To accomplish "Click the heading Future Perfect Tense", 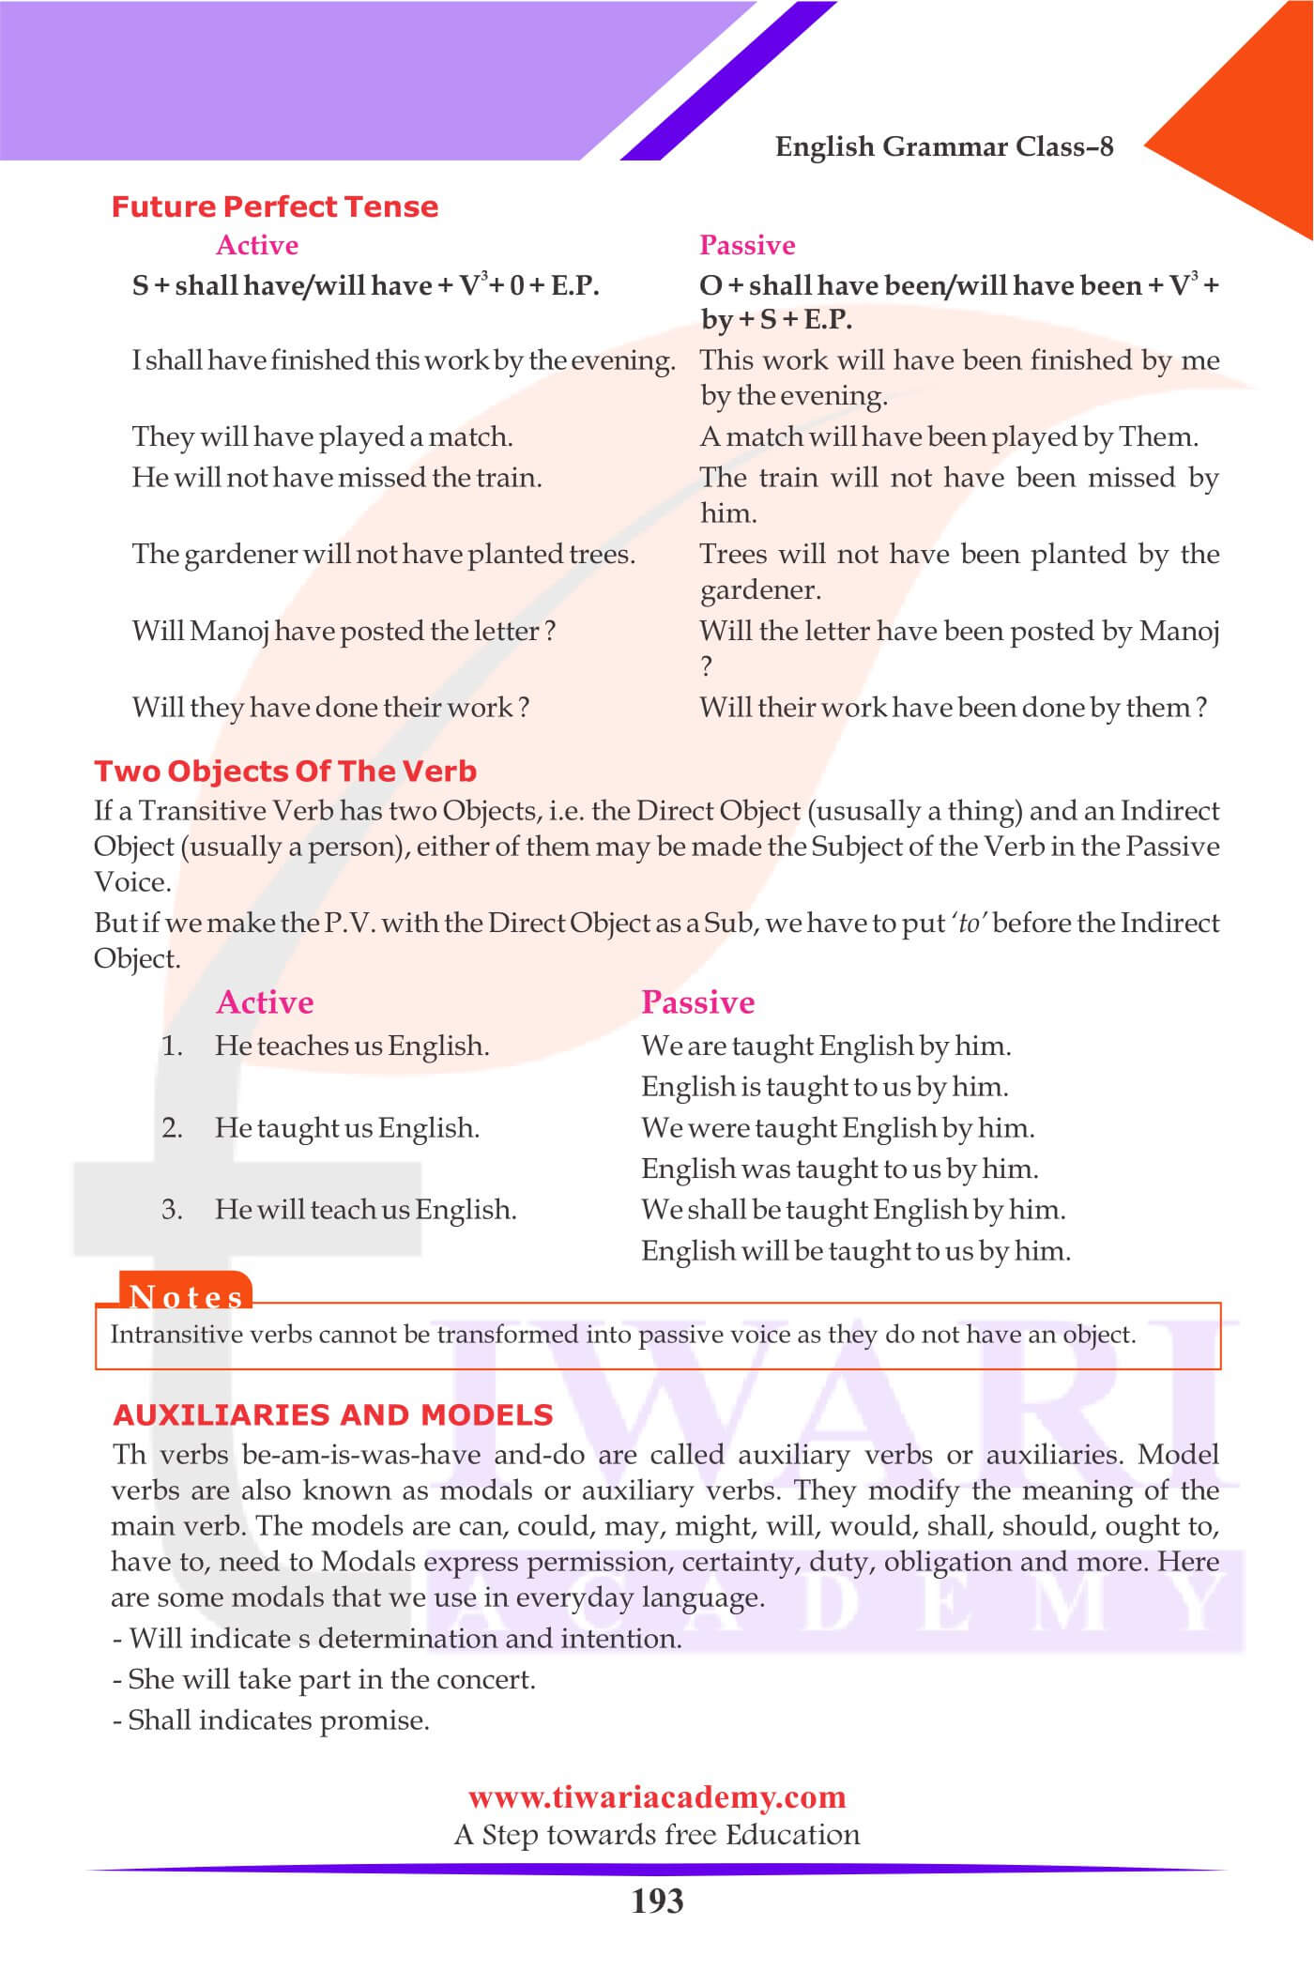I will pos(274,206).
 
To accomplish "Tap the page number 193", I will pos(657,1902).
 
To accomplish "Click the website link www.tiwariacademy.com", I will pos(657,1797).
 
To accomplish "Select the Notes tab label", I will pos(186,1296).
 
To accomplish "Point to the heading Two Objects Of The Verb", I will pos(285,772).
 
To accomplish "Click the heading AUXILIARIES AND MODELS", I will pos(332,1414).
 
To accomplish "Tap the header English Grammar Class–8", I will pos(944,146).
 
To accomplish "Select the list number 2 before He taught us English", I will pos(172,1127).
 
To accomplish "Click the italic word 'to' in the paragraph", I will pos(969,924).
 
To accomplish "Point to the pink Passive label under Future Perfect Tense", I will pos(747,245).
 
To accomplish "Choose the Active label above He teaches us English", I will pos(265,1002).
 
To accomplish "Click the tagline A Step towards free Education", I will pos(657,1835).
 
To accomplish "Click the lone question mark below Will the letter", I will pos(707,666).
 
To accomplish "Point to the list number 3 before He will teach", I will pos(172,1209).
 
